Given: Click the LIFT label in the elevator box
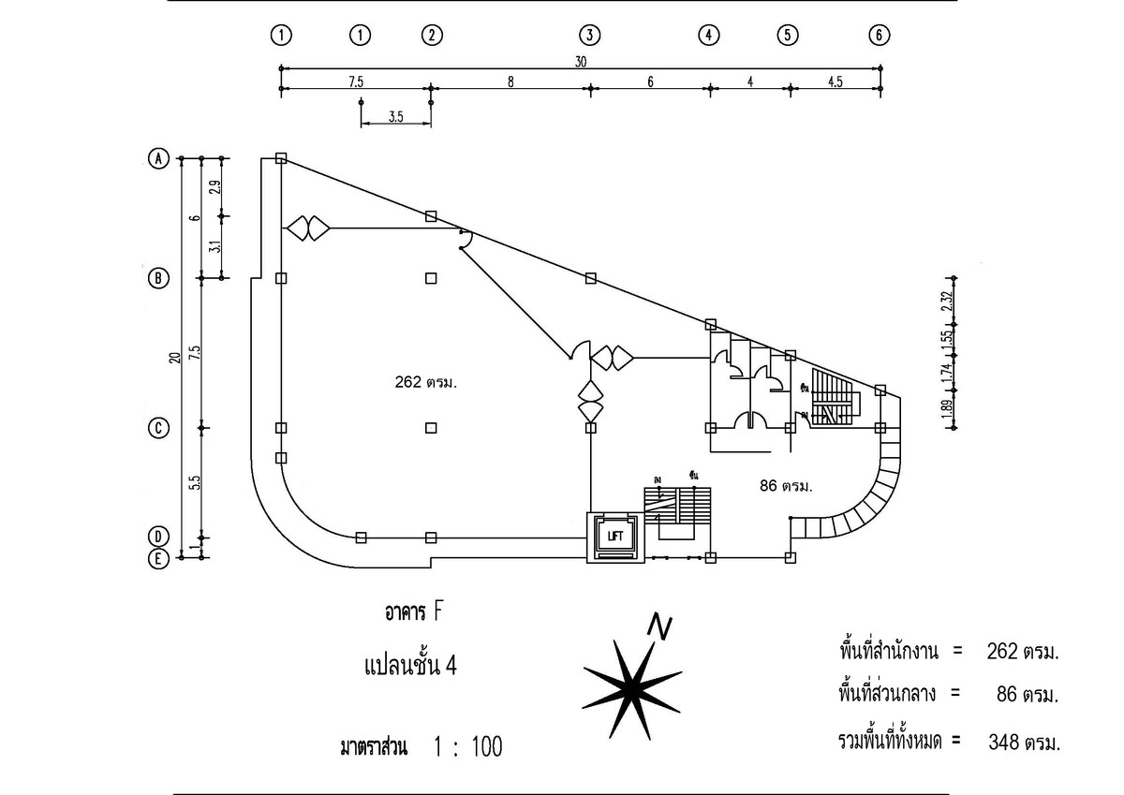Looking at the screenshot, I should click(614, 537).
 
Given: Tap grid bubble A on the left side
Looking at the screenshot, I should click(160, 158).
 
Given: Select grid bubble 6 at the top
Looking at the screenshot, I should click(878, 36).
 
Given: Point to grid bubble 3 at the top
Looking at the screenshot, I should click(588, 36).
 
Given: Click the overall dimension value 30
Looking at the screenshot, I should click(581, 61).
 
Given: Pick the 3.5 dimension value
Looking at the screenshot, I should click(394, 118).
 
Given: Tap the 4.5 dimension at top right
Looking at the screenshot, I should click(836, 81).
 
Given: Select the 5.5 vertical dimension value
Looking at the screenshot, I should click(195, 483).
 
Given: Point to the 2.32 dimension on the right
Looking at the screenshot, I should click(948, 302).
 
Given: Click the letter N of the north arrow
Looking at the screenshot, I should click(662, 626).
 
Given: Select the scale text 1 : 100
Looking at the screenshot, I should click(468, 747).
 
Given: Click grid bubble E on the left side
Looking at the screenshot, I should click(160, 559).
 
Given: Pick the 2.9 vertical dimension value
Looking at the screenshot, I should click(214, 186).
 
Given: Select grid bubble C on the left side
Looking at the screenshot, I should click(160, 428).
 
